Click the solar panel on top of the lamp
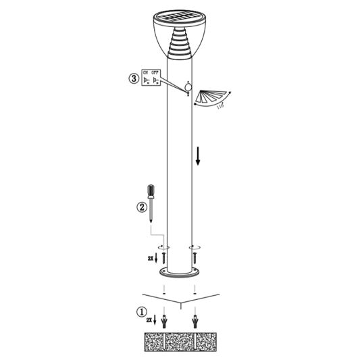tap(179, 18)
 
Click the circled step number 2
tap(142, 207)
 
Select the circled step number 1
tap(140, 313)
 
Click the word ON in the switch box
tap(145, 72)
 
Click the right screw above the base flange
tap(195, 257)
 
